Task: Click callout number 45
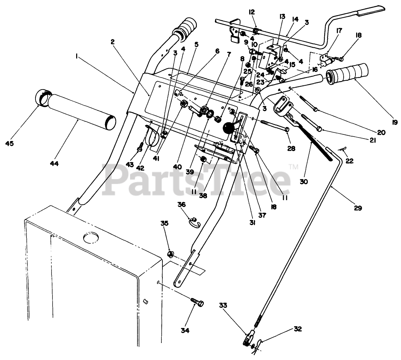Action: click(9, 143)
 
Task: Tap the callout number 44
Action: click(54, 163)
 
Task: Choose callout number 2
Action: click(113, 42)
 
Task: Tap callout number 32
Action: click(297, 329)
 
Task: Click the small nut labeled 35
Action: click(171, 253)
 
